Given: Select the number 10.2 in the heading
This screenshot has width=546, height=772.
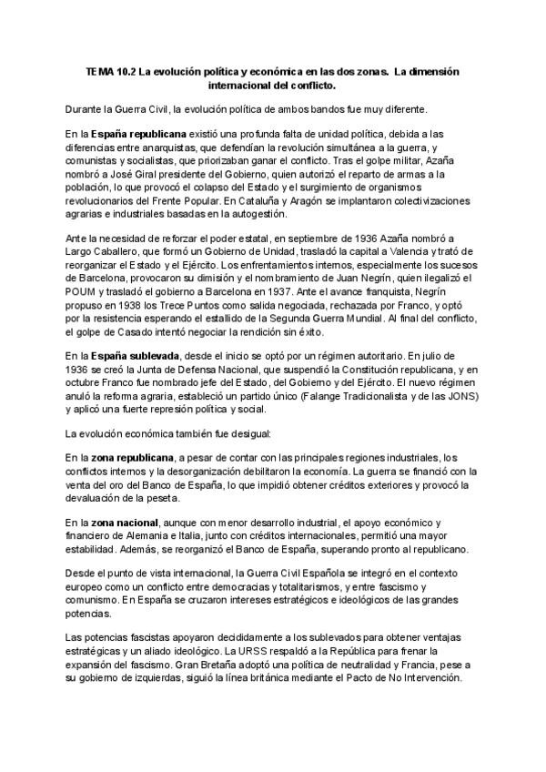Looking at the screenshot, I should (x=128, y=70).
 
